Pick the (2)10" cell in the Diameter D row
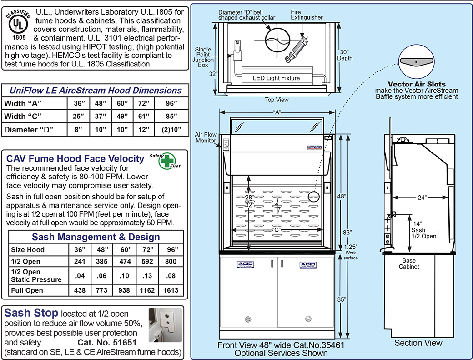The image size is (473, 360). click(x=171, y=130)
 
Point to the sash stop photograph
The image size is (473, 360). click(x=165, y=324)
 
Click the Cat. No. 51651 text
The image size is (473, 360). click(x=108, y=342)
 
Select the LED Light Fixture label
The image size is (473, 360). click(x=276, y=78)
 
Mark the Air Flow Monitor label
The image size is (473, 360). click(x=206, y=138)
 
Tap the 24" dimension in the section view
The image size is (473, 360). click(x=422, y=198)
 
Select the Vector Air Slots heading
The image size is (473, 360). click(x=417, y=84)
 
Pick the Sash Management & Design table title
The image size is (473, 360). click(x=96, y=237)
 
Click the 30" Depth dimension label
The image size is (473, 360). click(x=345, y=55)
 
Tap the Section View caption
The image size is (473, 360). click(x=418, y=343)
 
